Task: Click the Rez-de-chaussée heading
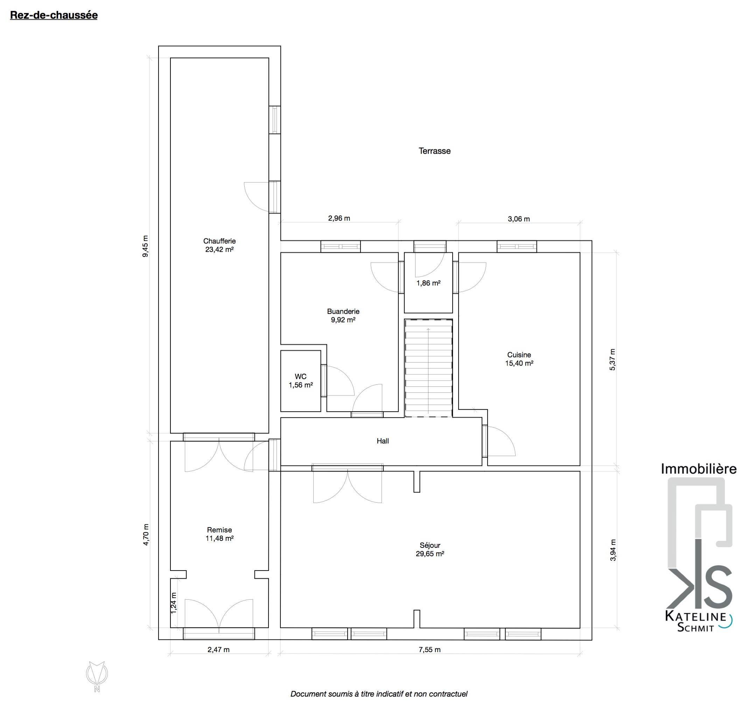54,15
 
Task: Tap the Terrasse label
434,151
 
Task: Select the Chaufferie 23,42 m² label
219,245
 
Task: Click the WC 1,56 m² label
301,381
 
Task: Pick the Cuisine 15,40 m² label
519,359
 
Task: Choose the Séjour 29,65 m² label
430,550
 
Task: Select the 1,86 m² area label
428,283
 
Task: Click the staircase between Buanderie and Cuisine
428,368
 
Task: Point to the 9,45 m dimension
145,246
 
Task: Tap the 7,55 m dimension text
430,650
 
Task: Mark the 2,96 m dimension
339,218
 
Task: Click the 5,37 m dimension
613,359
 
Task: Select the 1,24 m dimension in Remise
174,603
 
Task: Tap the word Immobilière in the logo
699,469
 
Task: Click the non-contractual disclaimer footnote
379,694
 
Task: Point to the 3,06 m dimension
519,219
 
